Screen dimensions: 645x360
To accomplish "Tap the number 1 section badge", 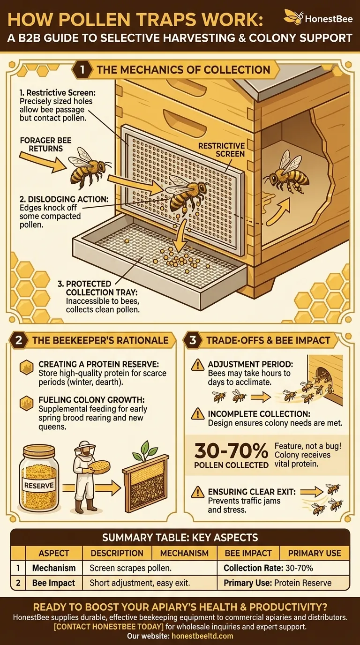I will pyautogui.click(x=82, y=70).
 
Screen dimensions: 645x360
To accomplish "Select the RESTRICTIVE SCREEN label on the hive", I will pyautogui.click(x=221, y=150).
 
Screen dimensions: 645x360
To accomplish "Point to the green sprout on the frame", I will pyautogui.click(x=142, y=450).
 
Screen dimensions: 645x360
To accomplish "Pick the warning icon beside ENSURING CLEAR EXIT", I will pyautogui.click(x=198, y=492).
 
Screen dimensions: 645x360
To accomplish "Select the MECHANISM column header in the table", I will pyautogui.click(x=185, y=553).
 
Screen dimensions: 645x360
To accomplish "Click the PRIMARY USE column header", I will pyautogui.click(x=315, y=553).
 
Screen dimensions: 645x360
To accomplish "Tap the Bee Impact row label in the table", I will pyautogui.click(x=53, y=583).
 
